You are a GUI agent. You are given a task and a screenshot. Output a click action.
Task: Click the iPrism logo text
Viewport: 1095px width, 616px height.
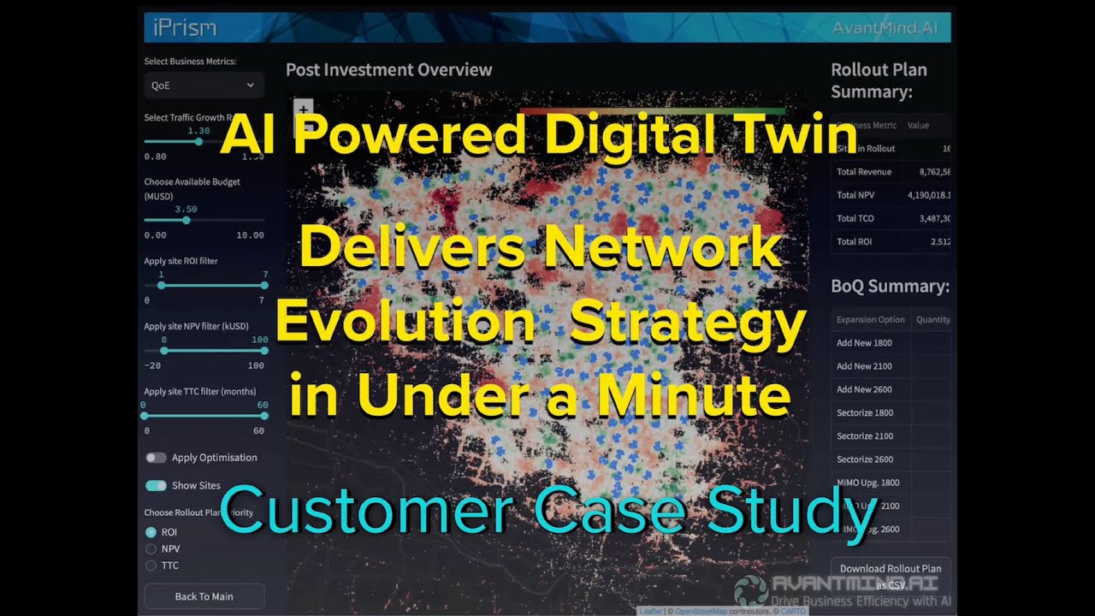[184, 27]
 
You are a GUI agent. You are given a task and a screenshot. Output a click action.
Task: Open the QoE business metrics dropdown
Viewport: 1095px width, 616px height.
[204, 86]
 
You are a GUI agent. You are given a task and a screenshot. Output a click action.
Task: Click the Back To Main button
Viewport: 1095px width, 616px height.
[204, 596]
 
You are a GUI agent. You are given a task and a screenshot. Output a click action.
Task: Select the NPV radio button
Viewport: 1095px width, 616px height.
[151, 548]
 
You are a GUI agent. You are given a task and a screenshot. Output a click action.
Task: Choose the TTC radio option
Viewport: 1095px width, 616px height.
[151, 566]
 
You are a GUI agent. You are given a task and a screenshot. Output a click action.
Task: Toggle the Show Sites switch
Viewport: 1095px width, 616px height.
[156, 485]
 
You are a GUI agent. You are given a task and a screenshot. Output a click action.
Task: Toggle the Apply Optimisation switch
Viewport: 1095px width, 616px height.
[156, 458]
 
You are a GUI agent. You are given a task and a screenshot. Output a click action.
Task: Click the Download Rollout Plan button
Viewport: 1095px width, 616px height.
[890, 575]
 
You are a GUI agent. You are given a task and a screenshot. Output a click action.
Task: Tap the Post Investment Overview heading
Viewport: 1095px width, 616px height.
[388, 70]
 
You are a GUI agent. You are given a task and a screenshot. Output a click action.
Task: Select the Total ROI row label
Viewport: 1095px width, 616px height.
[855, 241]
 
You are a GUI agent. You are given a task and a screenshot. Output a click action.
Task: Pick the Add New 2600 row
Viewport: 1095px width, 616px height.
[864, 389]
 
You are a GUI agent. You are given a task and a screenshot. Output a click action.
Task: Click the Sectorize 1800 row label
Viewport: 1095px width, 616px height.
[866, 412]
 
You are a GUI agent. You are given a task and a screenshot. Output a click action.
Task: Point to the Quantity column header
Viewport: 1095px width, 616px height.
[932, 319]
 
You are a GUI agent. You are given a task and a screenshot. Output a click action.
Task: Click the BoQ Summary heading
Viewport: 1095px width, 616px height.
[890, 287]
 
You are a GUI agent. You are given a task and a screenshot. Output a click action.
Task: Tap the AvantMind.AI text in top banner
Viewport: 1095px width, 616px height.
[885, 27]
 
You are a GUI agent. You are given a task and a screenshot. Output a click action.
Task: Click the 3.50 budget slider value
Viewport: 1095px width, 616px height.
[186, 209]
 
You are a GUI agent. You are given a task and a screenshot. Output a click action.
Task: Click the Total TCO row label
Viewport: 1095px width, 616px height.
[855, 218]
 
